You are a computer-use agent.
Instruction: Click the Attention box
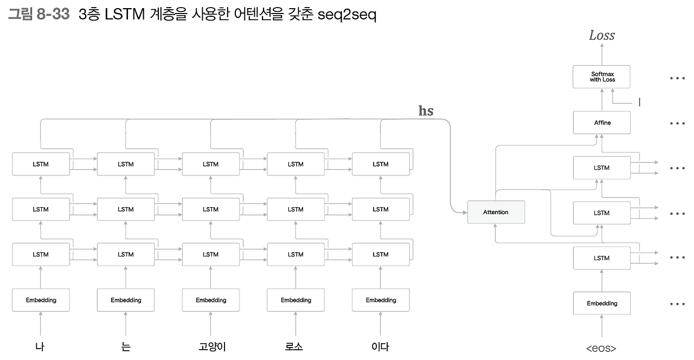[496, 212]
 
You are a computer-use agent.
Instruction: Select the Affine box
[602, 123]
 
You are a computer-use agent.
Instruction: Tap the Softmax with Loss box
[602, 77]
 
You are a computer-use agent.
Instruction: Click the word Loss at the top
[602, 36]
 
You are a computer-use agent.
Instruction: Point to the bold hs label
[426, 111]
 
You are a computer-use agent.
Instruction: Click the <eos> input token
[601, 348]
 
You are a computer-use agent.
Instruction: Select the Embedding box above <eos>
[602, 304]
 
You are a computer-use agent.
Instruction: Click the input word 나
[40, 347]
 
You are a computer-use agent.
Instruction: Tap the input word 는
[126, 347]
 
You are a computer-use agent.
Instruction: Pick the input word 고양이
[210, 347]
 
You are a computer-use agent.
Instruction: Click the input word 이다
[380, 347]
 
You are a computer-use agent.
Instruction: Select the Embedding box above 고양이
[210, 300]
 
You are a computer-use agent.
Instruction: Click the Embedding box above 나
[41, 300]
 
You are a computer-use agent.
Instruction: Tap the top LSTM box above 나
[41, 164]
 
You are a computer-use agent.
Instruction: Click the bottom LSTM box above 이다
[381, 254]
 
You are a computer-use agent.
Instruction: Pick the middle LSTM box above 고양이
[210, 209]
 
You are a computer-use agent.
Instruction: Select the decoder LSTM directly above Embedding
[602, 258]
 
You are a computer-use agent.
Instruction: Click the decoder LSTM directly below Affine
[602, 168]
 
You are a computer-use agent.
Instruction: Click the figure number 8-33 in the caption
[53, 15]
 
